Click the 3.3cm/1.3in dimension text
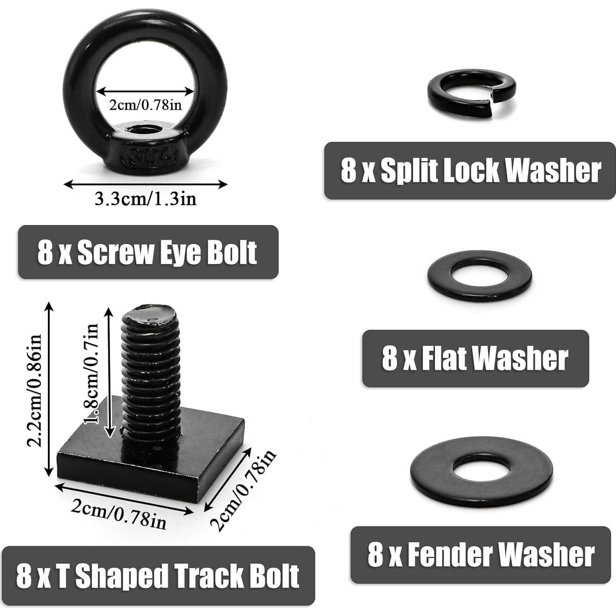pyautogui.click(x=145, y=199)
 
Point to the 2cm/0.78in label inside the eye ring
pyautogui.click(x=145, y=105)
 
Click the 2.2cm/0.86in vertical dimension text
pyautogui.click(x=34, y=390)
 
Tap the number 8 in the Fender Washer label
pyautogui.click(x=375, y=555)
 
